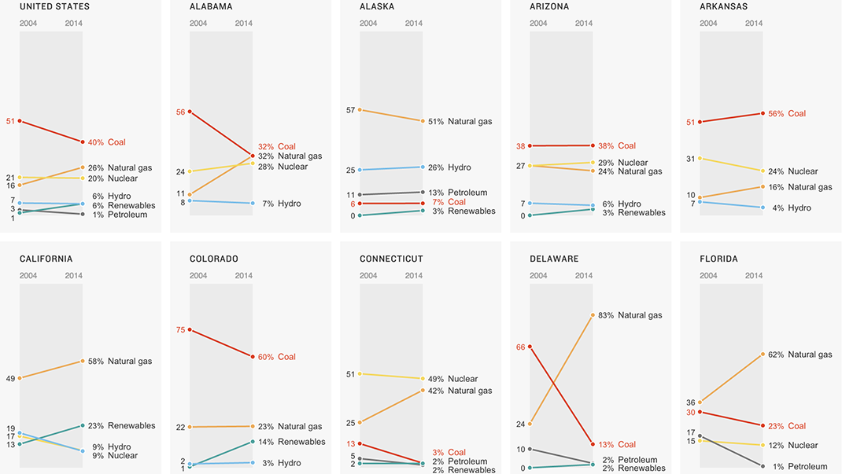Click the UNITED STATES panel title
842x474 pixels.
[54, 7]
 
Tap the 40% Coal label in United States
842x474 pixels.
[106, 142]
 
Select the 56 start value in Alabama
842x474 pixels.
[180, 112]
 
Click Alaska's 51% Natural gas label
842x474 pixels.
[460, 122]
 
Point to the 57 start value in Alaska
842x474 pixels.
[350, 110]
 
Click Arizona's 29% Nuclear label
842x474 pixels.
[622, 163]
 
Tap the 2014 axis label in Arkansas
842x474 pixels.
[754, 24]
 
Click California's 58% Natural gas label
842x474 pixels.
[119, 362]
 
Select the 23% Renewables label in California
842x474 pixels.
[120, 426]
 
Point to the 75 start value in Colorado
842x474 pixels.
[180, 330]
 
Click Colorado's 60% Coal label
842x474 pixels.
[276, 357]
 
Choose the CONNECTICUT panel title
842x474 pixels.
[391, 259]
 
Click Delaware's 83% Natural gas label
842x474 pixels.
[630, 315]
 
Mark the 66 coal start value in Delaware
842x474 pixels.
[520, 347]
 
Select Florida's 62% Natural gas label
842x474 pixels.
[800, 355]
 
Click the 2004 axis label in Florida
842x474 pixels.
[708, 276]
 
